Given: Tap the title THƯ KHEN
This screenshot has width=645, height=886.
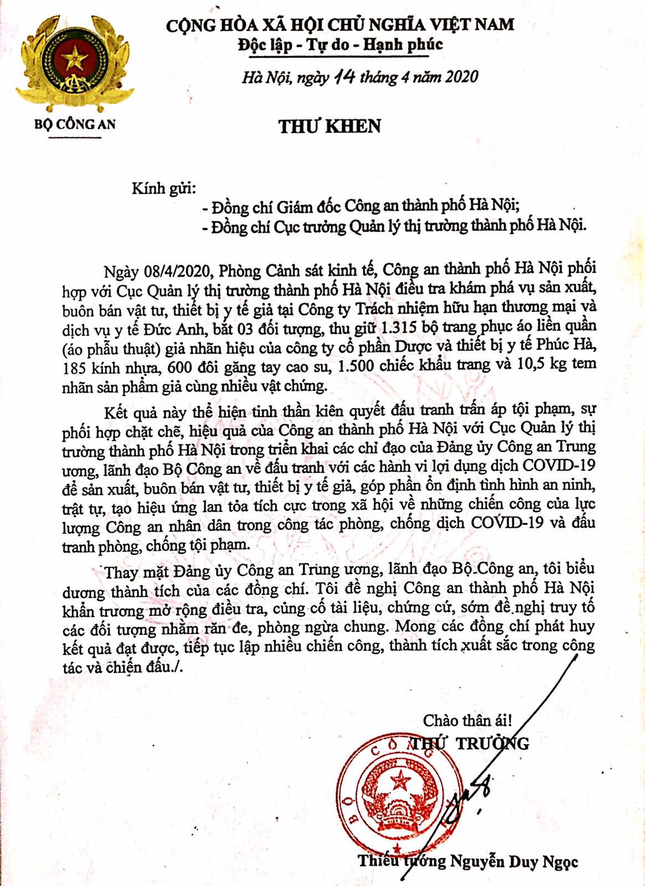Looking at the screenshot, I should point(330,126).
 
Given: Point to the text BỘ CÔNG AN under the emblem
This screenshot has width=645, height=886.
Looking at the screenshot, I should point(75,124).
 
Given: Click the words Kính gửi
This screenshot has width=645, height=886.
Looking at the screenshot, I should point(163,188).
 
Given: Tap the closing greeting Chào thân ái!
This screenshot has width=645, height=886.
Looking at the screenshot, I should point(467,720).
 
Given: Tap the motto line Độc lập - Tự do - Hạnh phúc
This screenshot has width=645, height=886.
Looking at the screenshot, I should point(340,45).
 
